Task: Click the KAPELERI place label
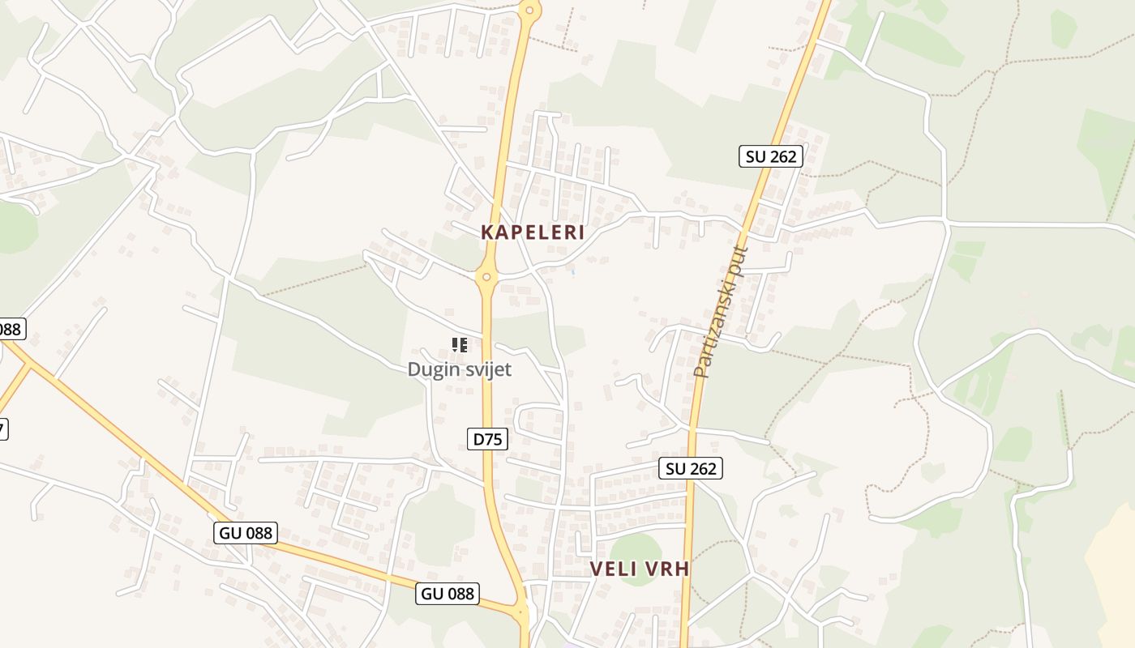coord(533,232)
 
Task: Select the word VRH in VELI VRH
coord(666,569)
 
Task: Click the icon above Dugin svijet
coord(460,346)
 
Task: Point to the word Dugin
coord(433,369)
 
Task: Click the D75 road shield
coord(488,439)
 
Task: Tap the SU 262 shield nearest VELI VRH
coord(690,468)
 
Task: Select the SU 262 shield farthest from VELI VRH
coord(770,156)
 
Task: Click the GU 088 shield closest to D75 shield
coord(448,593)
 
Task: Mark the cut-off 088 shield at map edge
coord(11,329)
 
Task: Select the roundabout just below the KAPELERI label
coord(486,277)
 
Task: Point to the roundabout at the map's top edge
coord(529,10)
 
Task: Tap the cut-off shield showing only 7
coord(2,429)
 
